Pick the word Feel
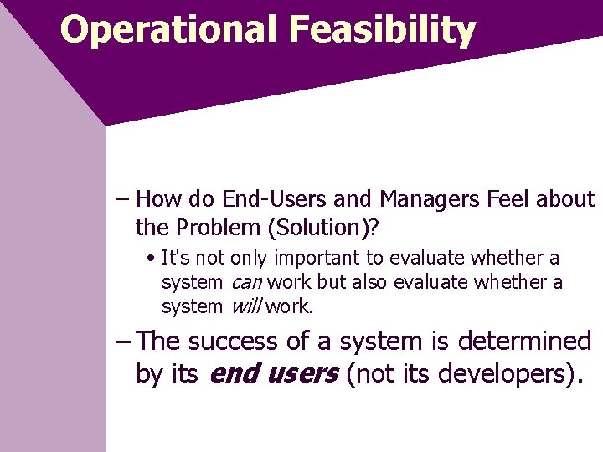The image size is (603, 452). [x=506, y=199]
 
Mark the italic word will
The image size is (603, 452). [x=245, y=307]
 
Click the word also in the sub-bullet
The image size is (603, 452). [x=376, y=283]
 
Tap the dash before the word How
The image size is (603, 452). [x=123, y=199]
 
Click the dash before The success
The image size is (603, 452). [x=123, y=342]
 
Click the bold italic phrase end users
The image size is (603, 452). [x=272, y=373]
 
